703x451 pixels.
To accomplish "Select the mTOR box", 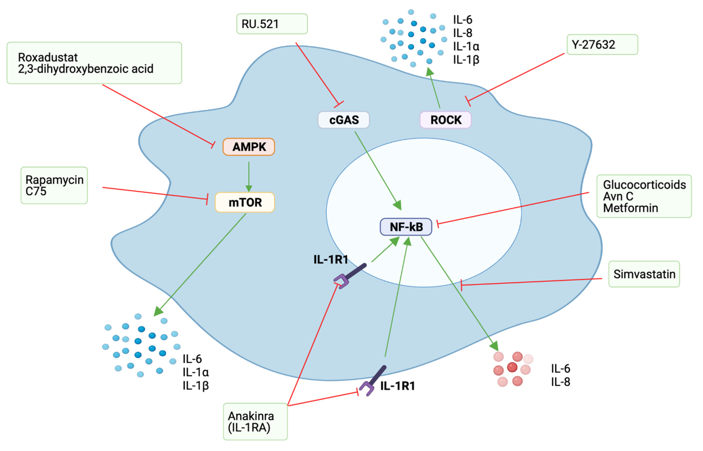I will point(245,202).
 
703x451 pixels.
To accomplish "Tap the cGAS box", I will point(344,120).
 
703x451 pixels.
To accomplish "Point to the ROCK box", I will point(445,120).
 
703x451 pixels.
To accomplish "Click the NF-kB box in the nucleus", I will point(406,227).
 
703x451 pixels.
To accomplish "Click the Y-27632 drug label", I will point(602,45).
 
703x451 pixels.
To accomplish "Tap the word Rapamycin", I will point(54,180).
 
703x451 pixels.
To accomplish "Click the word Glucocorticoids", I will point(644,185).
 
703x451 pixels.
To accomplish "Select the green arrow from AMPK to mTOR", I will point(249,176).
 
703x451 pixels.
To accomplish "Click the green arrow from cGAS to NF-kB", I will point(377,170).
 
